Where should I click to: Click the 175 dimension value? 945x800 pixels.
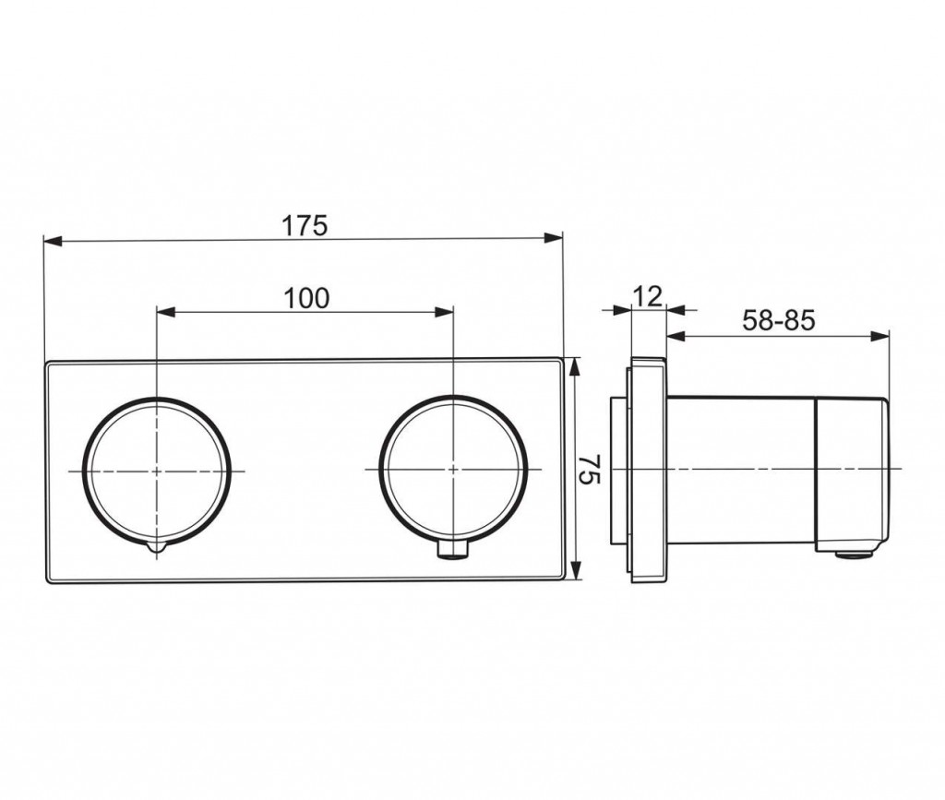pyautogui.click(x=305, y=225)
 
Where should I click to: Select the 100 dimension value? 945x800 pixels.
pyautogui.click(x=306, y=298)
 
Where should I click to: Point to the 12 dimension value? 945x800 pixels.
pyautogui.click(x=648, y=296)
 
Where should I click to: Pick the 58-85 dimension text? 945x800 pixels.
pyautogui.click(x=778, y=320)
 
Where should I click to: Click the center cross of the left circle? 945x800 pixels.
pyautogui.click(x=157, y=471)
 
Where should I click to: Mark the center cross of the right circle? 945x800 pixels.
pyautogui.click(x=453, y=468)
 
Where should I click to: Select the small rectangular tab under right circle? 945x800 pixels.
pyautogui.click(x=453, y=551)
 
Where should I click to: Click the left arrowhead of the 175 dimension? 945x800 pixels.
pyautogui.click(x=53, y=241)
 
